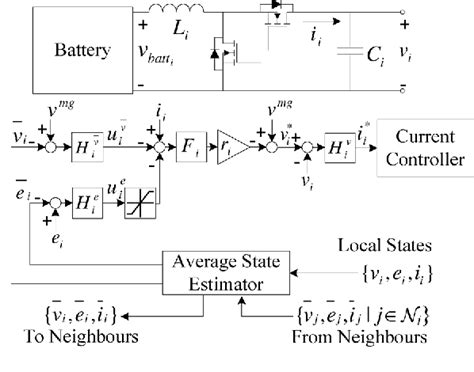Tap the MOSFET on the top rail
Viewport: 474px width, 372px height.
(x=283, y=14)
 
